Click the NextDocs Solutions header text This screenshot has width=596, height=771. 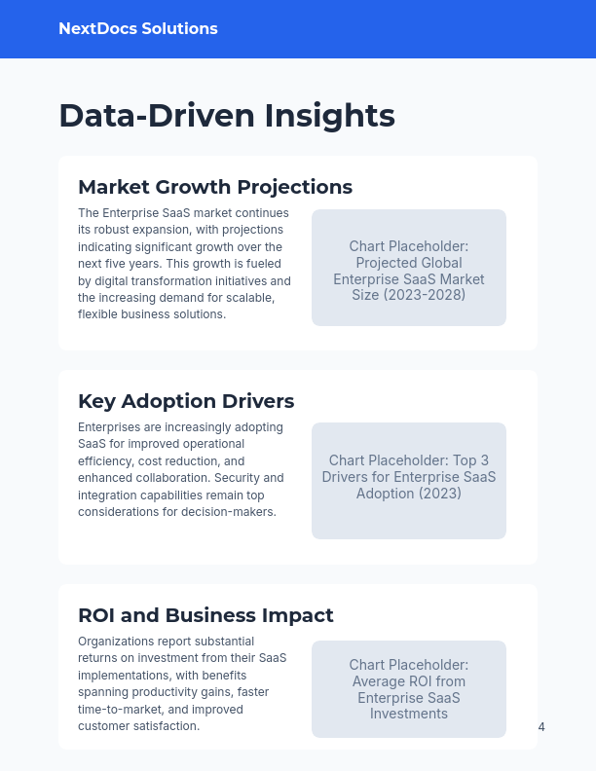pos(138,29)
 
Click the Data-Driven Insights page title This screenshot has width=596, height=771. pos(227,115)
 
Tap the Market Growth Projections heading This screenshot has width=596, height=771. pos(215,187)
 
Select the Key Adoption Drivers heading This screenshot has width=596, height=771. pos(186,401)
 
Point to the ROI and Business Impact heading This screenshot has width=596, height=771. pos(205,615)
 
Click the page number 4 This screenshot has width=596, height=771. pos(541,727)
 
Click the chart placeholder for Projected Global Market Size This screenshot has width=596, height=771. pos(409,268)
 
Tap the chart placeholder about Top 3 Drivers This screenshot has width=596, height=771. pos(409,481)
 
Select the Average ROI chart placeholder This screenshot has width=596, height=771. pos(409,689)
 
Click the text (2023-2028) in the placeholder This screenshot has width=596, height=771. pos(409,294)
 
